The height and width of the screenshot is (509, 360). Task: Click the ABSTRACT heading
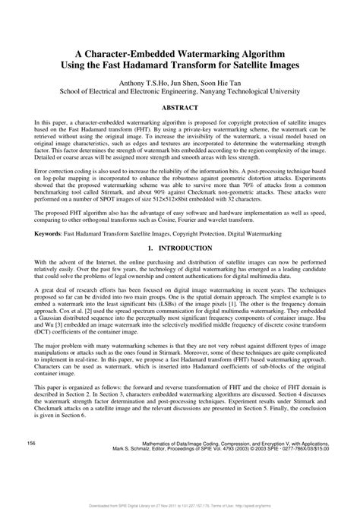click(x=179, y=109)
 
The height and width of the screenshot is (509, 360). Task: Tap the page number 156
click(x=31, y=463)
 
